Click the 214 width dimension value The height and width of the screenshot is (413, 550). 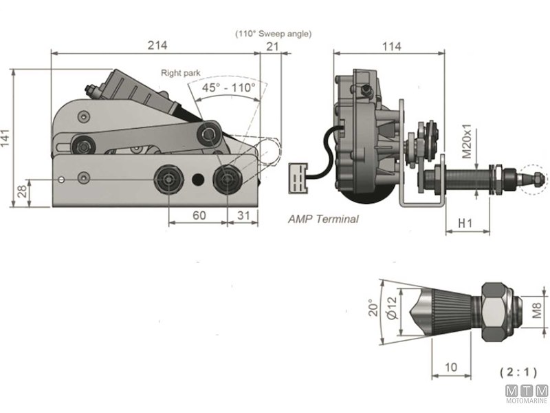click(157, 45)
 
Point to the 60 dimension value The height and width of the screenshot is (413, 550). click(199, 215)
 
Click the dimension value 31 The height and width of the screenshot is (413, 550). click(243, 215)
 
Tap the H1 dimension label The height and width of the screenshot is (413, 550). click(465, 224)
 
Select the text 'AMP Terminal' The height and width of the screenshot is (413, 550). click(323, 220)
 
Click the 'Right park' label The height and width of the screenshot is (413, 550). click(180, 72)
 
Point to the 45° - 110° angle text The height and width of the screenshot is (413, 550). click(229, 88)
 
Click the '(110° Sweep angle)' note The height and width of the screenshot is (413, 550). click(273, 33)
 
